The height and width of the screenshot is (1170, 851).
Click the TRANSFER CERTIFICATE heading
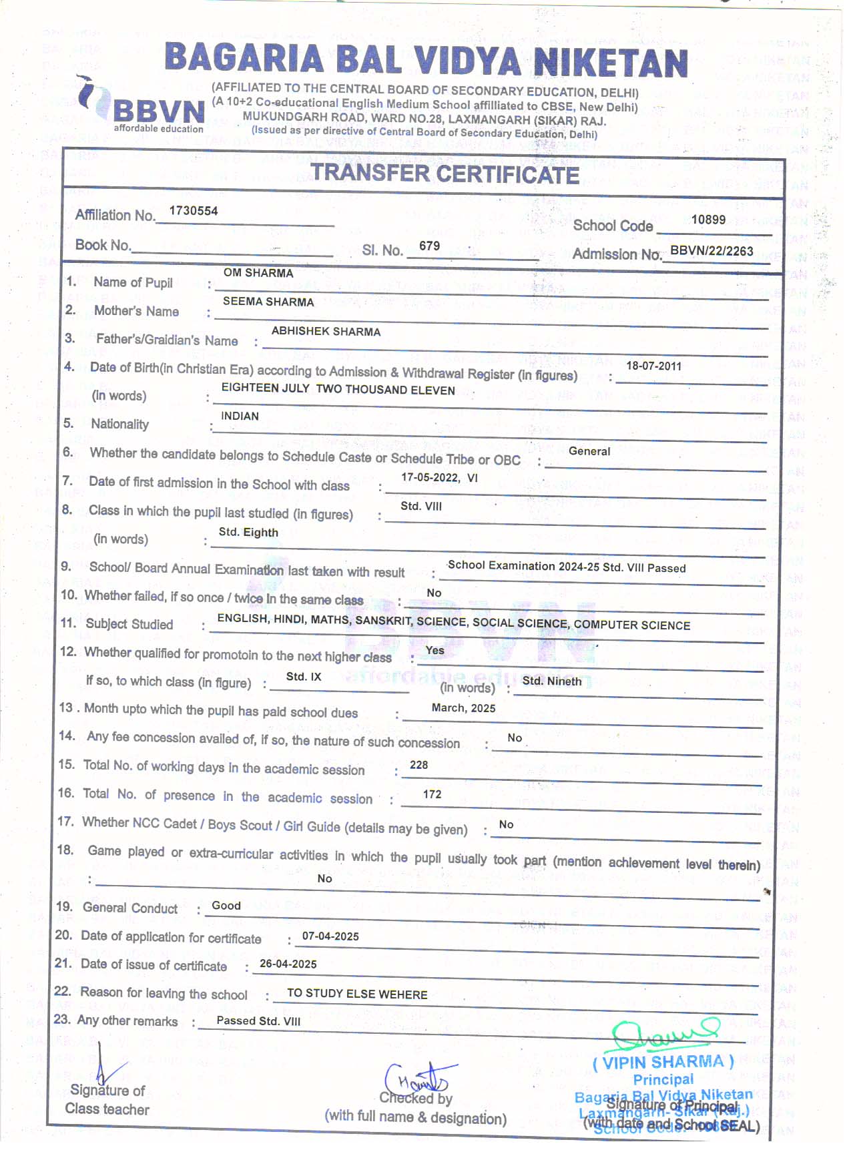pyautogui.click(x=445, y=174)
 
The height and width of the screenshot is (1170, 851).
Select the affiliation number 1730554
pyautogui.click(x=194, y=211)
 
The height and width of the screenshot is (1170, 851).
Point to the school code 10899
pyautogui.click(x=708, y=220)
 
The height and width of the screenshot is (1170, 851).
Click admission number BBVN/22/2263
pyautogui.click(x=712, y=251)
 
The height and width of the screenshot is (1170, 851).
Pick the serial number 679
pyautogui.click(x=429, y=246)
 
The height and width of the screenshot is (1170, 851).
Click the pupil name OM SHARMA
pyautogui.click(x=258, y=273)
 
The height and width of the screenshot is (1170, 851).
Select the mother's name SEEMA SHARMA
pyautogui.click(x=268, y=302)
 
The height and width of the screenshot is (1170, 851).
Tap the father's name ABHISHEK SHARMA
pyautogui.click(x=326, y=331)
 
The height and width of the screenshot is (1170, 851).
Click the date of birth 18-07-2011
pyautogui.click(x=653, y=366)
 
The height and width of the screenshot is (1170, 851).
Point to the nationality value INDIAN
pyautogui.click(x=240, y=416)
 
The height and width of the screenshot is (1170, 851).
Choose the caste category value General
pyautogui.click(x=589, y=451)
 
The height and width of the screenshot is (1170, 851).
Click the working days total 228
pyautogui.click(x=418, y=765)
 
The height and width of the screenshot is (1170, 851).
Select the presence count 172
pyautogui.click(x=432, y=794)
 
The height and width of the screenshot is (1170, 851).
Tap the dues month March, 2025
pyautogui.click(x=463, y=708)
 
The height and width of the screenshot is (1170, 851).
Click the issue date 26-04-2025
pyautogui.click(x=288, y=964)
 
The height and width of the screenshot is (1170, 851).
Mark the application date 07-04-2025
pyautogui.click(x=330, y=936)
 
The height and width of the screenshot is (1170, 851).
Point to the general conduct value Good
pyautogui.click(x=226, y=906)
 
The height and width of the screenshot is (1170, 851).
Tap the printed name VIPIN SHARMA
pyautogui.click(x=663, y=1062)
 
